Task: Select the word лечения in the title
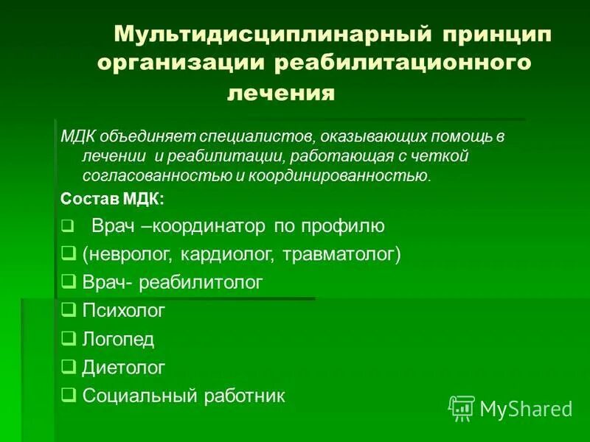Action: click(281, 94)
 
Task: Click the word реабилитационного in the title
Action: click(403, 63)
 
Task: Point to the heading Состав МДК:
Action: click(112, 199)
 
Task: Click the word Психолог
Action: click(123, 310)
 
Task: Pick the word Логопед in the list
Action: click(118, 339)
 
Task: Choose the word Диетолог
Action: click(123, 367)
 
